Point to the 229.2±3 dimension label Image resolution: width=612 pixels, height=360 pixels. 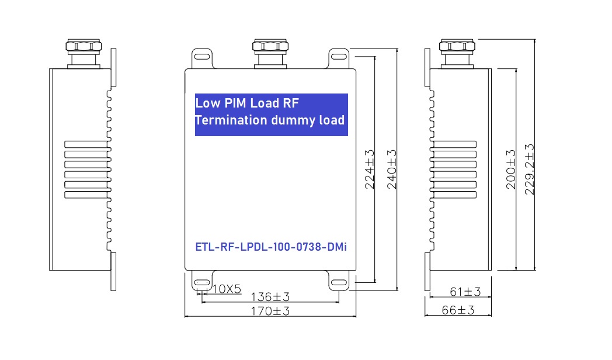530,169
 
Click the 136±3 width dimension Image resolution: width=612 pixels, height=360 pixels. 270,297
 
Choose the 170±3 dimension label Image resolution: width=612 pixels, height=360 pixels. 270,311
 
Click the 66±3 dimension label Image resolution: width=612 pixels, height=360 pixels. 458,310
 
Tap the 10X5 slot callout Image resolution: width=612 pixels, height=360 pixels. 227,289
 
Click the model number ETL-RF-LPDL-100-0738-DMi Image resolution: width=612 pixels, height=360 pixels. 271,248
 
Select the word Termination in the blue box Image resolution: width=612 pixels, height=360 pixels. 231,120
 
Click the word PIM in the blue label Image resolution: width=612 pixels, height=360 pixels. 236,103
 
